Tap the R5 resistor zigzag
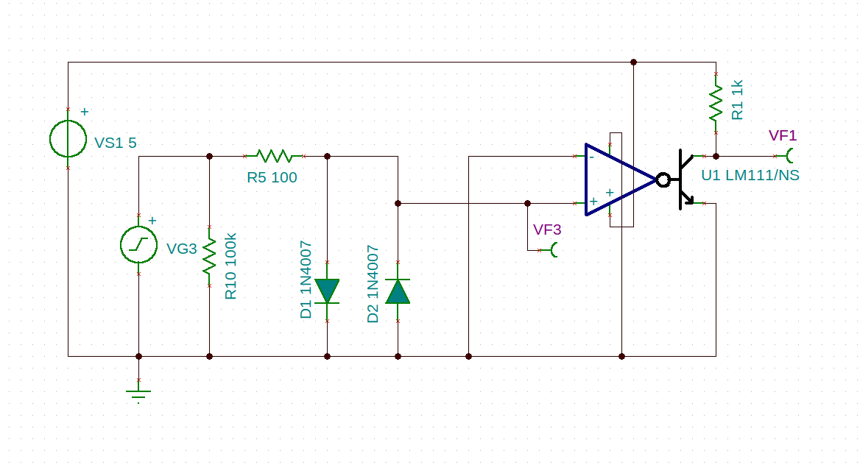(x=274, y=156)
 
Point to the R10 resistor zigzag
(x=210, y=256)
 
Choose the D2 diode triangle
(x=398, y=291)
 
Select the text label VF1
(x=783, y=135)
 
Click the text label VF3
(x=547, y=230)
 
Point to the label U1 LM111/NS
(x=750, y=175)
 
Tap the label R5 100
(x=272, y=177)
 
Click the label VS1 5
(x=115, y=143)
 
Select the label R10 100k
(x=231, y=266)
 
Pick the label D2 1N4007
(x=373, y=284)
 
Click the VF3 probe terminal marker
(x=554, y=250)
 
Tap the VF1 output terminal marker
(x=790, y=156)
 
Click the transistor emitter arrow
(x=688, y=199)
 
